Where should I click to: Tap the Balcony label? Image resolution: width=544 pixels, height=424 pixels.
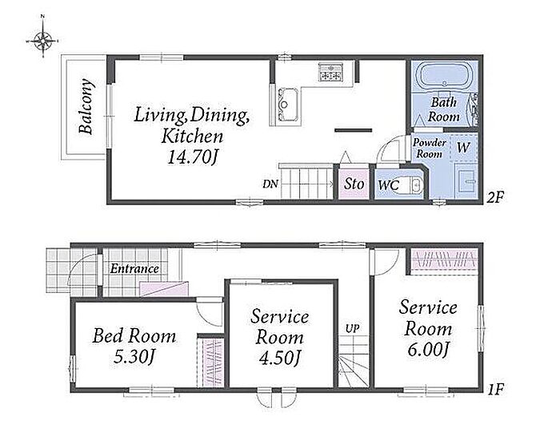[86, 106]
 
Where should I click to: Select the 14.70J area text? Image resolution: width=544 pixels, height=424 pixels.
[194, 157]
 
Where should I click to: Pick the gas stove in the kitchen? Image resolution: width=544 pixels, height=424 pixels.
[330, 73]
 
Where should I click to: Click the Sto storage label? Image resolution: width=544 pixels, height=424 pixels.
[354, 184]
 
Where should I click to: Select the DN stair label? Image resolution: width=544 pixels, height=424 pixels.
[270, 184]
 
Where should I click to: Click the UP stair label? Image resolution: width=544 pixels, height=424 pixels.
[352, 329]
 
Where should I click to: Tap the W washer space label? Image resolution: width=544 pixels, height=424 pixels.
[463, 148]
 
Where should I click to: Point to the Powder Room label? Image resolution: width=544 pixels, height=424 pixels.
[429, 149]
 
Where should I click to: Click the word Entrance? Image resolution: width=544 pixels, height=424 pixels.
[134, 269]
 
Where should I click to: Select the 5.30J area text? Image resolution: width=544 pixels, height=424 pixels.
[134, 357]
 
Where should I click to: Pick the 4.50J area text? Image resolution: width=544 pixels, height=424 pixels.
[280, 359]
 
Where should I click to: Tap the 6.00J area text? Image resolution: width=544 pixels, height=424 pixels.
[428, 350]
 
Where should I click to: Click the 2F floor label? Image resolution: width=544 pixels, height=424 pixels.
[494, 197]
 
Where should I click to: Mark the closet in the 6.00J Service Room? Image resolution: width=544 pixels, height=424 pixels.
[445, 260]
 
